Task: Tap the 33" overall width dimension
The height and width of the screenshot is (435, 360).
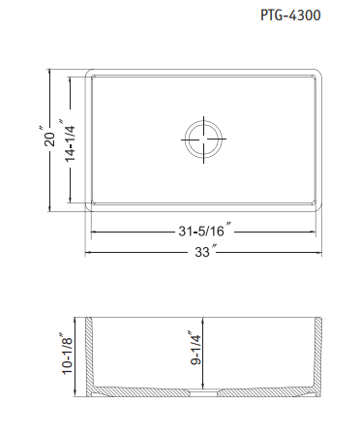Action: pos(203,253)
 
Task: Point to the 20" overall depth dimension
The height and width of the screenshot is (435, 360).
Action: pos(40,140)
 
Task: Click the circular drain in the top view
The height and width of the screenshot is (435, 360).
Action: pos(203,140)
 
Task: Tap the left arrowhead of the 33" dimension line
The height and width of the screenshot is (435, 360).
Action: pos(89,252)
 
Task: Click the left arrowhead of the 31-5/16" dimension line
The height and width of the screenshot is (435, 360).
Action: pos(95,233)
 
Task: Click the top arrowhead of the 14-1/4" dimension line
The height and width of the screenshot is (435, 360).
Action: pos(69,81)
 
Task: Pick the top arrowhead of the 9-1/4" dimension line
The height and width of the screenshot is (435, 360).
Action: pos(203,321)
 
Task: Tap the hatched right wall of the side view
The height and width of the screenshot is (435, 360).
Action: pos(318,358)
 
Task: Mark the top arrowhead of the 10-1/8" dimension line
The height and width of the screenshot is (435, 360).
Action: pos(78,320)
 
